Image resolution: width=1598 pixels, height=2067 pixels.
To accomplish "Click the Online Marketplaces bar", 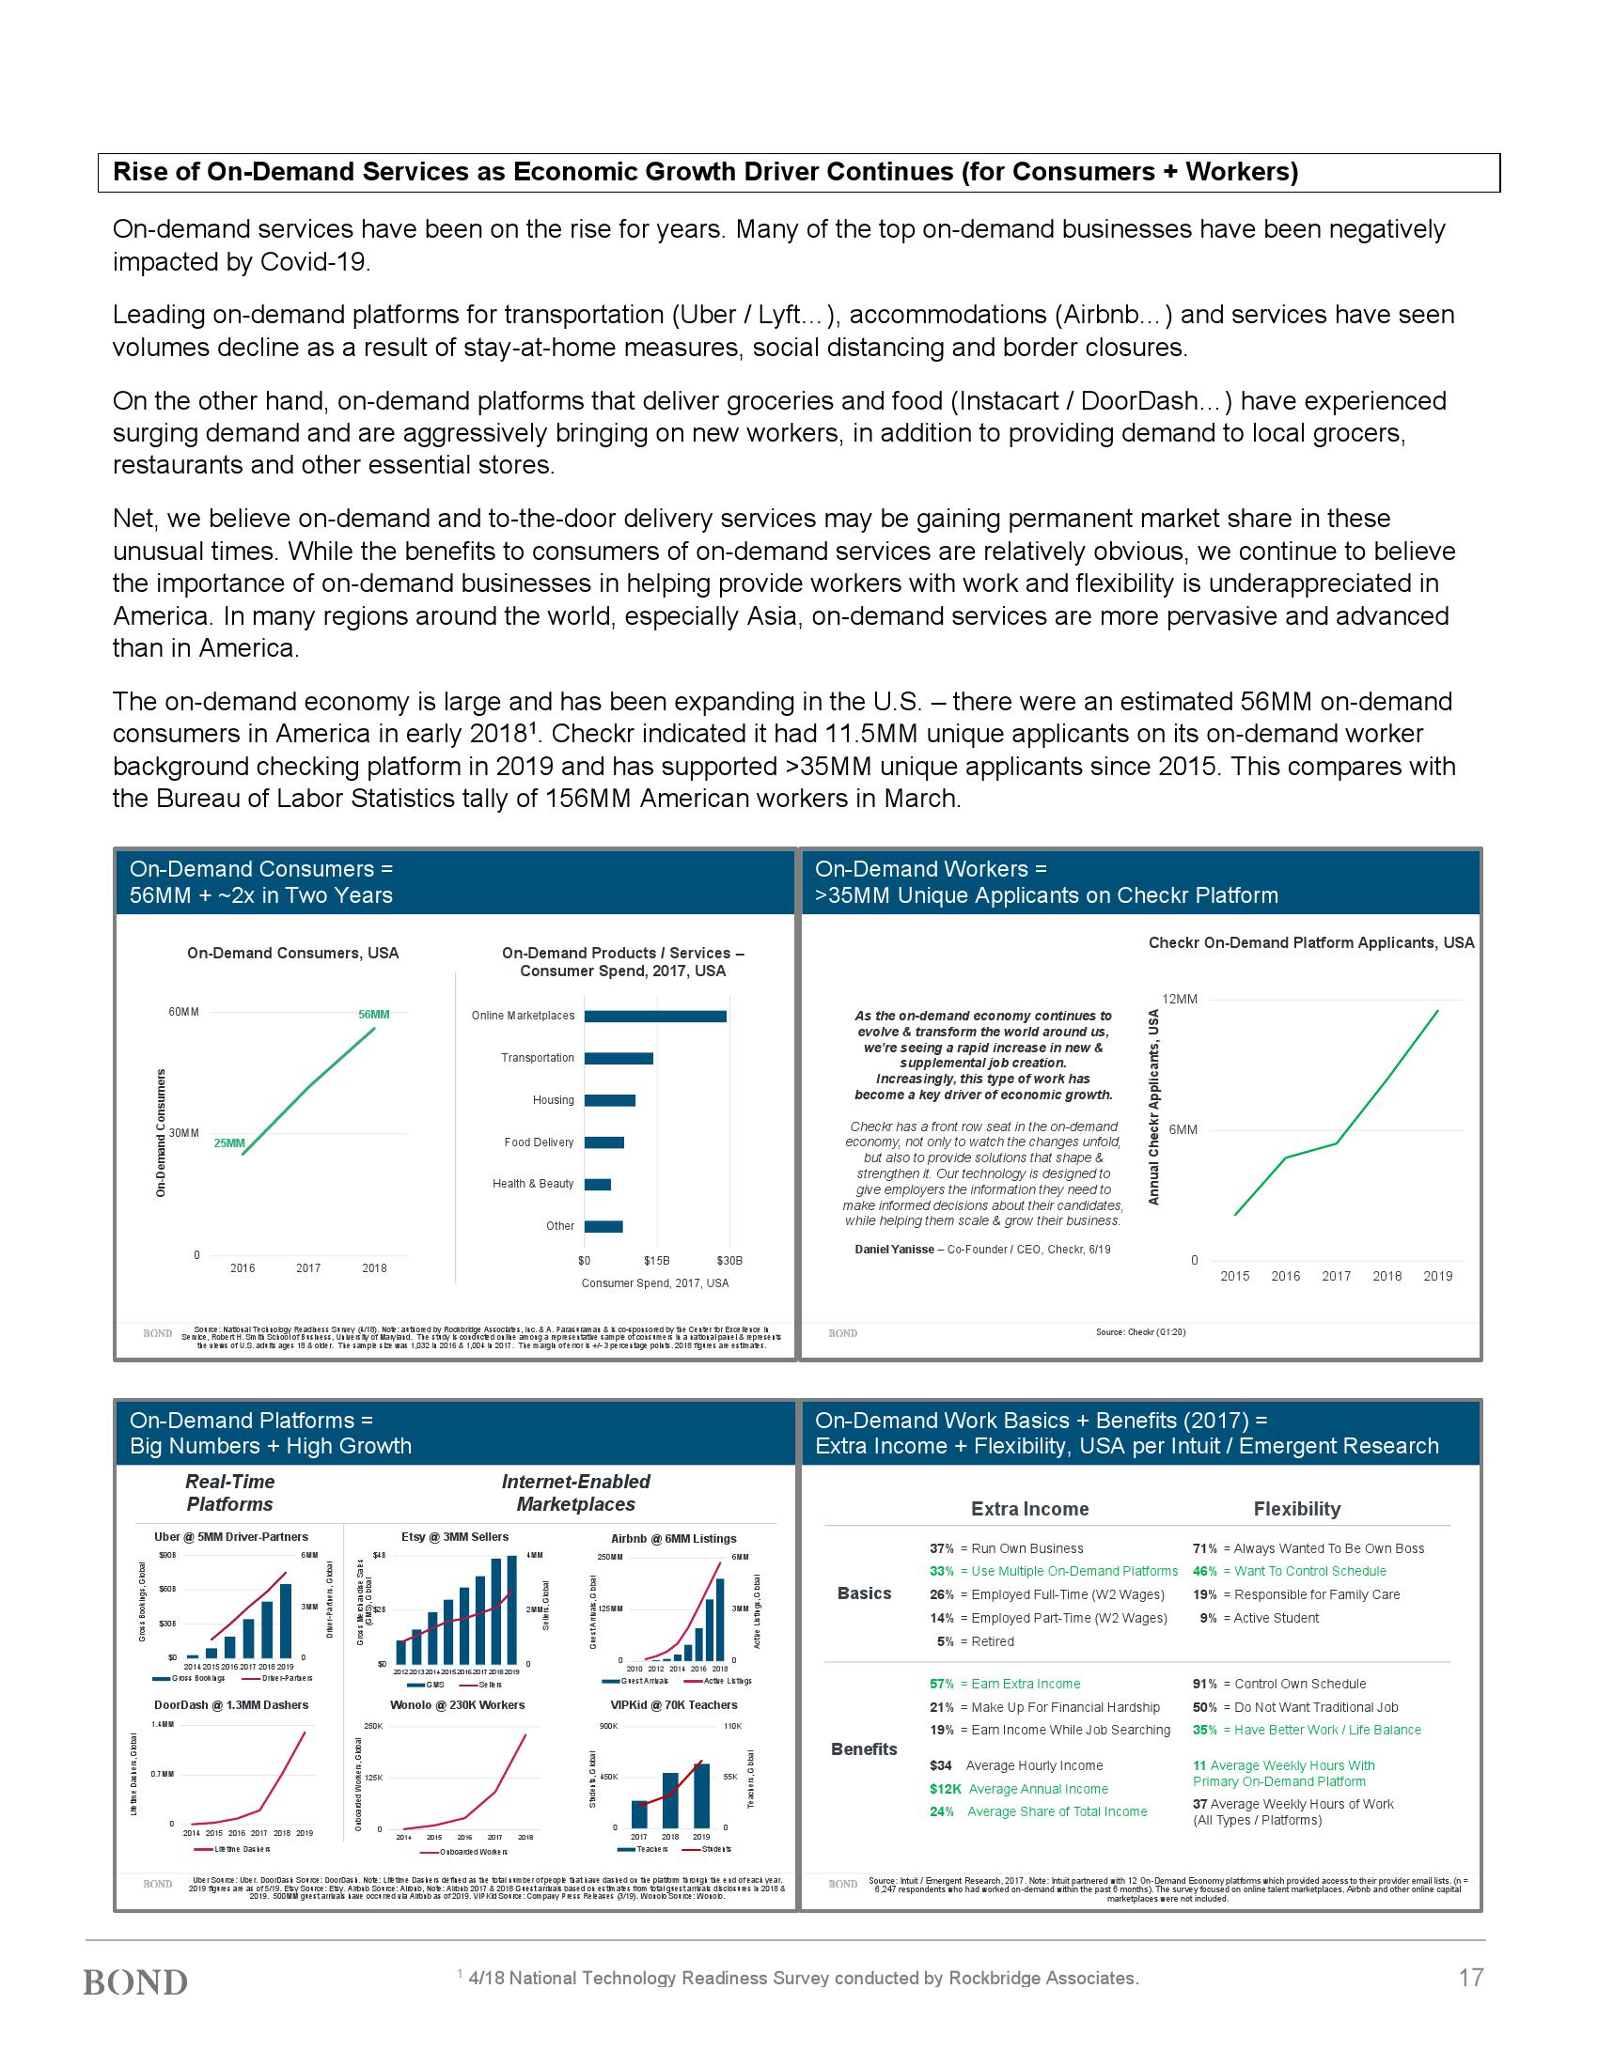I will point(655,1016).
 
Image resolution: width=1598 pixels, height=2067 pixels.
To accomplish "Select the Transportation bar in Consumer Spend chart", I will point(619,1058).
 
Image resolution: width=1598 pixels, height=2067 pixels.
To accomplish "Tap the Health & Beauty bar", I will point(597,1184).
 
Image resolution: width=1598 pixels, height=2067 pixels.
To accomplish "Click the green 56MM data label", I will point(374,1015).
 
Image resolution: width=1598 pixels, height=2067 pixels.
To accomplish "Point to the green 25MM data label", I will point(229,1143).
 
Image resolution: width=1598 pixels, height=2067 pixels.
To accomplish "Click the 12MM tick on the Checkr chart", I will point(1180,1000).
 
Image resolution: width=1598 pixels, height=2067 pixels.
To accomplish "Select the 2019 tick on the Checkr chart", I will point(1437,1276).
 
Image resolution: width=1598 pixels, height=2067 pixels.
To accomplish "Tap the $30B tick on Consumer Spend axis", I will point(728,1261).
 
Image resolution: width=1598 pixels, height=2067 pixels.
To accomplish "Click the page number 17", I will point(1470,1977).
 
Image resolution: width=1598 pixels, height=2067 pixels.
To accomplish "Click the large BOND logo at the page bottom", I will point(135,1981).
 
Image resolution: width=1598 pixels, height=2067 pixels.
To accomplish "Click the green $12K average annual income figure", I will point(945,1789).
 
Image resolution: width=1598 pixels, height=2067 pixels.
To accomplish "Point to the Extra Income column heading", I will point(1030,1509).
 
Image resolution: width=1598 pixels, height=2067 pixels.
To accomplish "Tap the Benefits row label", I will point(863,1749).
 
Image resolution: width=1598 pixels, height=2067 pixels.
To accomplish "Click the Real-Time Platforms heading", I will point(229,1493).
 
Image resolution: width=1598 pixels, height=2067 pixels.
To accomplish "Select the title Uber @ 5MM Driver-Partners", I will point(231,1537).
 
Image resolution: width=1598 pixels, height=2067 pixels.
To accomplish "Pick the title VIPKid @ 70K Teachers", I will point(674,1704).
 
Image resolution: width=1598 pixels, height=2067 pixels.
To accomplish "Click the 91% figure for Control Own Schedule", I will point(1204,1684).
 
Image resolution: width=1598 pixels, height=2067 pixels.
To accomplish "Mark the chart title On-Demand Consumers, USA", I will point(292,953).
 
